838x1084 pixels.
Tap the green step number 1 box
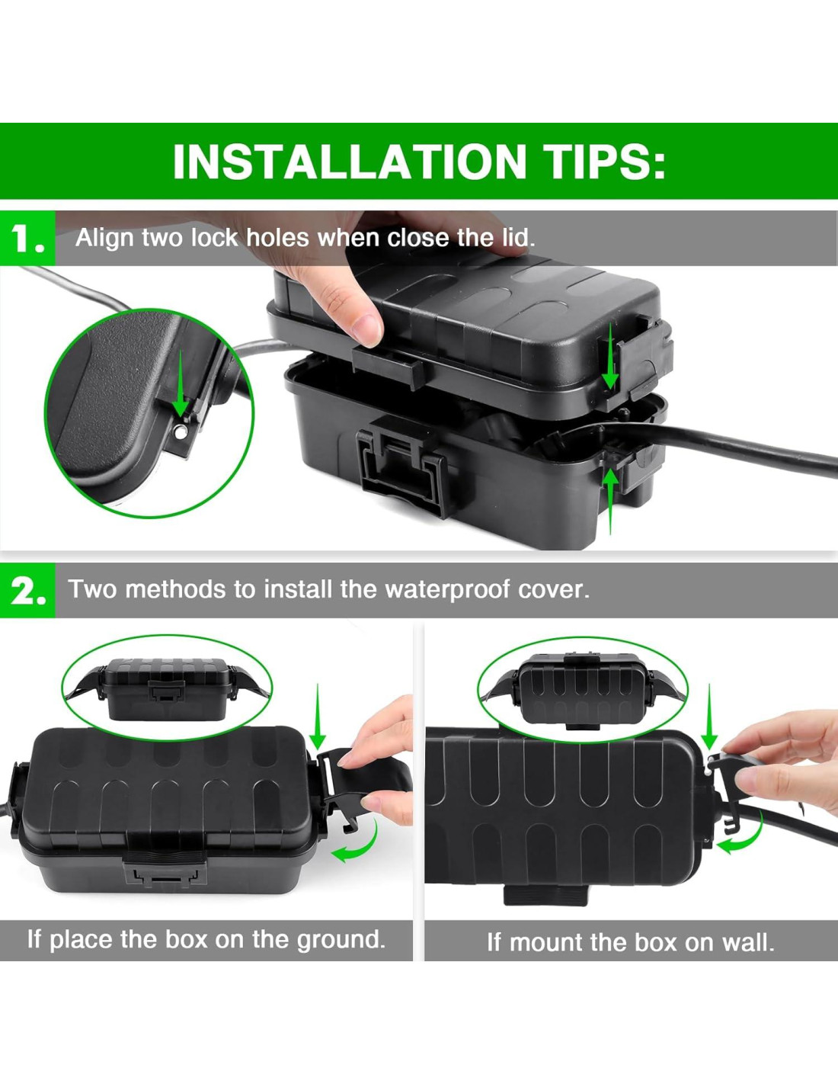(27, 238)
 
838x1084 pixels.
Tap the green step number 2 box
(27, 589)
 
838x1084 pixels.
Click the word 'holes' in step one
(277, 237)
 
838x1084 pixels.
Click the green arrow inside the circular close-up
(181, 383)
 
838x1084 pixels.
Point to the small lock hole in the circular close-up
(180, 432)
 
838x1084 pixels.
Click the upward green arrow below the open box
(612, 502)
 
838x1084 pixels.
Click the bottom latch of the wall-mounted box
(546, 896)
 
